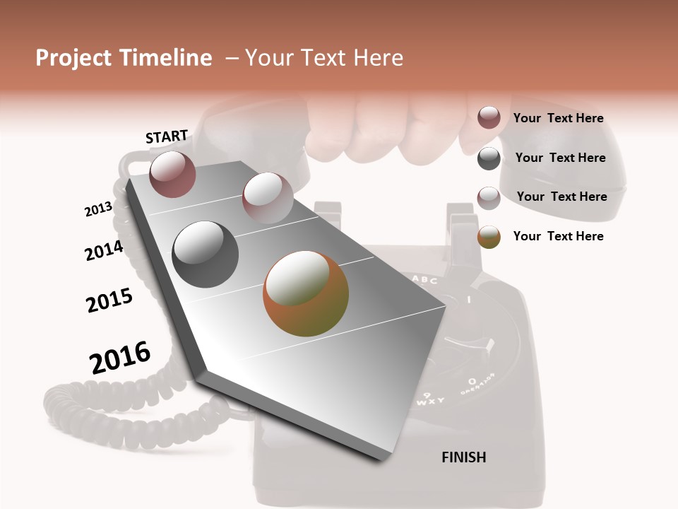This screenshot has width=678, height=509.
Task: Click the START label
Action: click(167, 136)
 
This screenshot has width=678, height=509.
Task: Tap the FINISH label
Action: click(463, 457)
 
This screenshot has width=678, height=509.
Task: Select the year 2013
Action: click(98, 209)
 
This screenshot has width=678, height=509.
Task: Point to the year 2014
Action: click(104, 250)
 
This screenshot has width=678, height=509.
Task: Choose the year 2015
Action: click(109, 300)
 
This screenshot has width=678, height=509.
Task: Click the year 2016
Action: click(120, 358)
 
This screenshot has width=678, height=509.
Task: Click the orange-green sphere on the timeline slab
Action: click(306, 293)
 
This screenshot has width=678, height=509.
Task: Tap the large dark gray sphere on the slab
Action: click(206, 254)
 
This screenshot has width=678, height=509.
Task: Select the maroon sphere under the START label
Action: click(172, 174)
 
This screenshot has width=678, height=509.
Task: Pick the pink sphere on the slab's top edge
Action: click(268, 197)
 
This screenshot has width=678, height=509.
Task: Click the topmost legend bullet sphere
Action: click(489, 117)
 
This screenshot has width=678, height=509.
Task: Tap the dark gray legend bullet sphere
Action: click(489, 158)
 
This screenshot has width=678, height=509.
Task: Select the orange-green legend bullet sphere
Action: click(489, 237)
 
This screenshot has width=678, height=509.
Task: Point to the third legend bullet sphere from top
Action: click(489, 198)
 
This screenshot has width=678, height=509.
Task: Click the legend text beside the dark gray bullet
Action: click(560, 158)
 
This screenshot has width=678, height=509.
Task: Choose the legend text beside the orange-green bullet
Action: click(558, 236)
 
